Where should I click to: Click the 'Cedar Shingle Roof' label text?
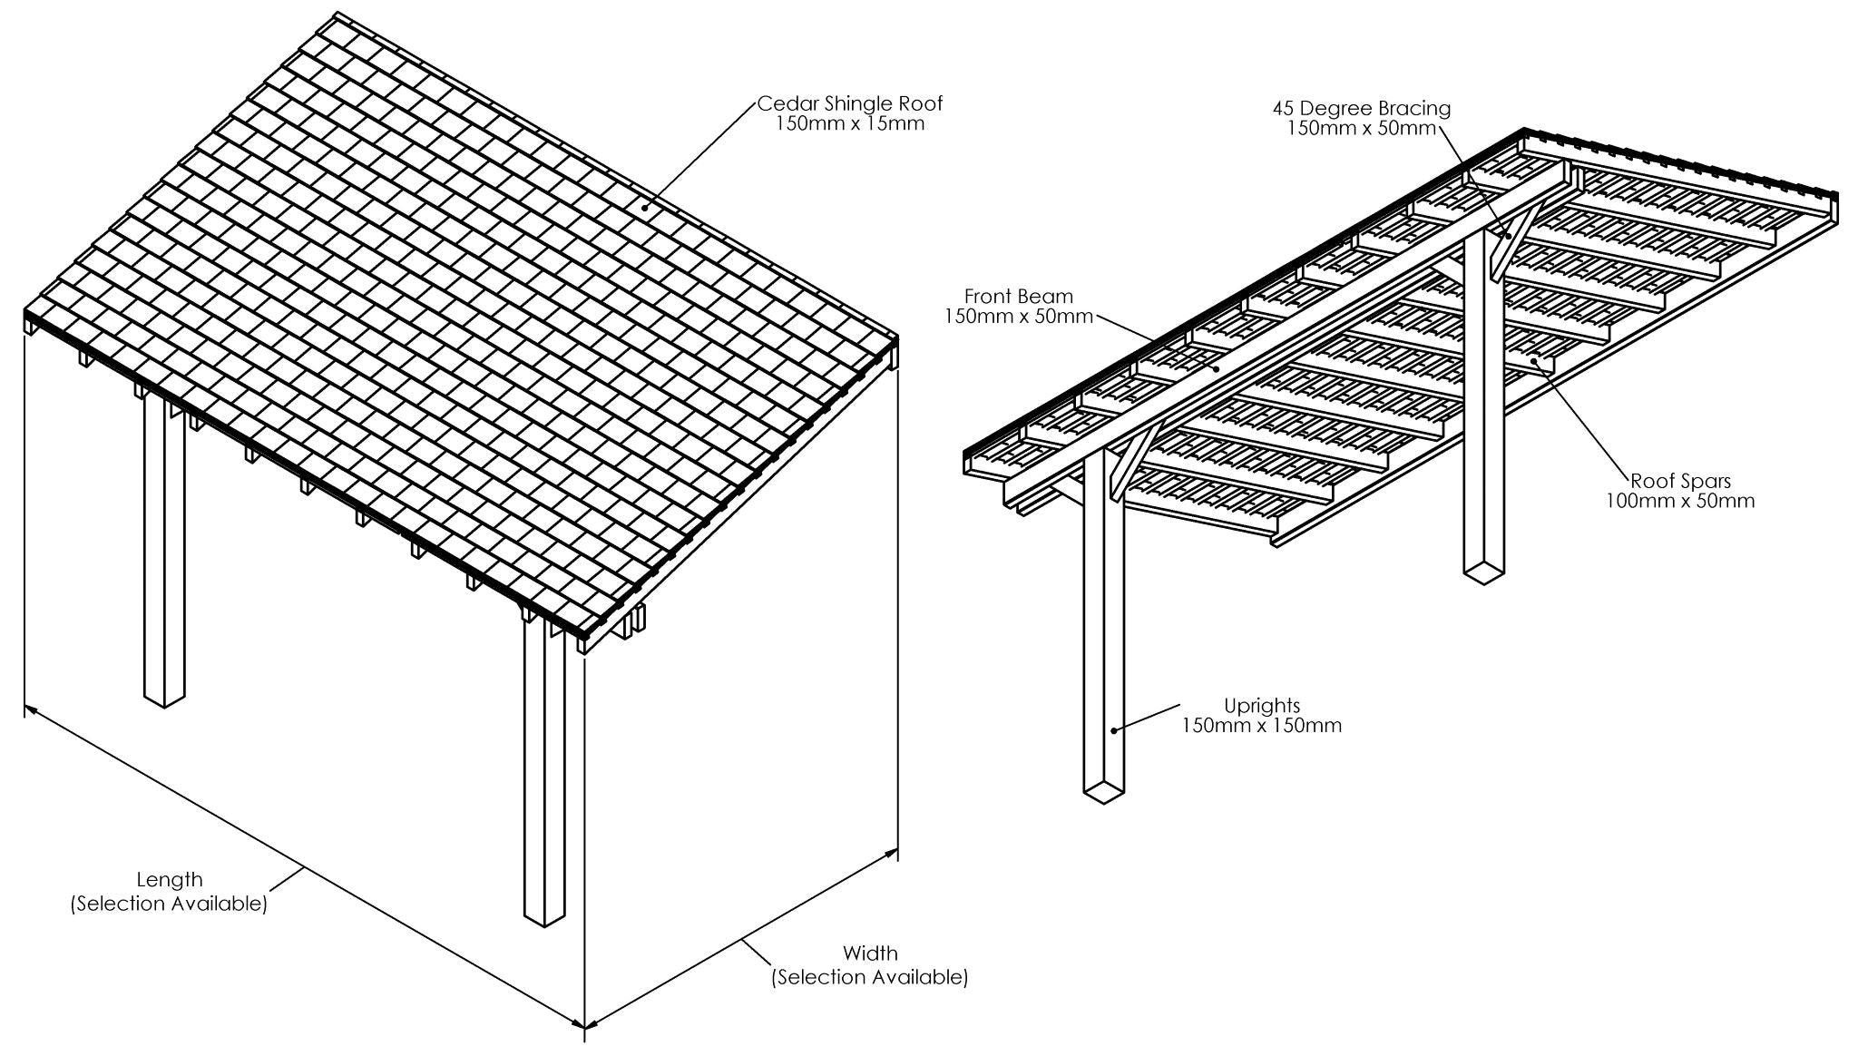(x=850, y=104)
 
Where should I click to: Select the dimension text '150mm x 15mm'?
(x=850, y=124)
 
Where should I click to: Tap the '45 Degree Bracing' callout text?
(x=1361, y=109)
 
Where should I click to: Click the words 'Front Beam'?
(x=1018, y=296)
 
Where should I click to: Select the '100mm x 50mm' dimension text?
(x=1680, y=501)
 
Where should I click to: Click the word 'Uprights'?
(x=1261, y=705)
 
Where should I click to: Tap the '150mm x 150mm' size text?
(x=1261, y=725)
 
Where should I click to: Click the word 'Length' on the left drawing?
(x=170, y=879)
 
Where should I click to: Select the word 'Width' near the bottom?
(x=870, y=953)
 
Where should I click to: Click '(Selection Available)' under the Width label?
(x=870, y=977)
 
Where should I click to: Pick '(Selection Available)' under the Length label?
(x=170, y=904)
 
